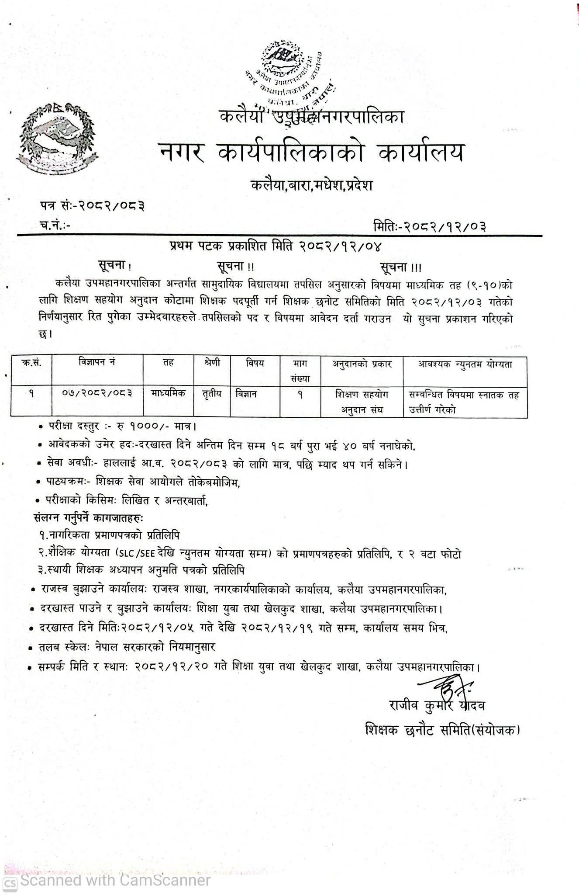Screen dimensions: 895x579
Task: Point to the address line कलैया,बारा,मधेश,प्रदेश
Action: pyautogui.click(x=312, y=185)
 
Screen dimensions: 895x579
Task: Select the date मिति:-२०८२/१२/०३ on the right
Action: pyautogui.click(x=430, y=226)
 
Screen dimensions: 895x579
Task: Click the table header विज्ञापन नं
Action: pyautogui.click(x=97, y=362)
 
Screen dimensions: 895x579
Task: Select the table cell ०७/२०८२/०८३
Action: pyautogui.click(x=97, y=393)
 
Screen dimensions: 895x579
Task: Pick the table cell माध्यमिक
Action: pyautogui.click(x=168, y=393)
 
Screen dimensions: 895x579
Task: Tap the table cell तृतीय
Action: pyautogui.click(x=212, y=393)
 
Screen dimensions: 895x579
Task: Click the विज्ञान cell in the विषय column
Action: pyautogui.click(x=246, y=393)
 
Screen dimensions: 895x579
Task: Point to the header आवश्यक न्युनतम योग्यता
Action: pyautogui.click(x=465, y=364)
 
